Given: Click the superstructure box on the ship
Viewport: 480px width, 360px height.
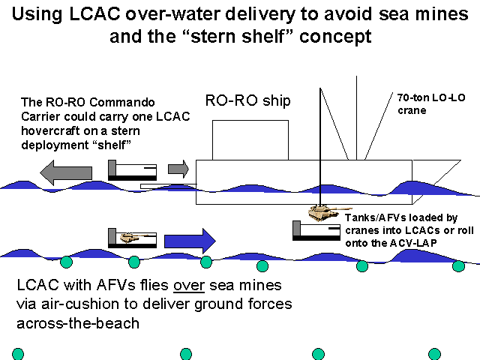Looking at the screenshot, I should coord(250,139).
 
